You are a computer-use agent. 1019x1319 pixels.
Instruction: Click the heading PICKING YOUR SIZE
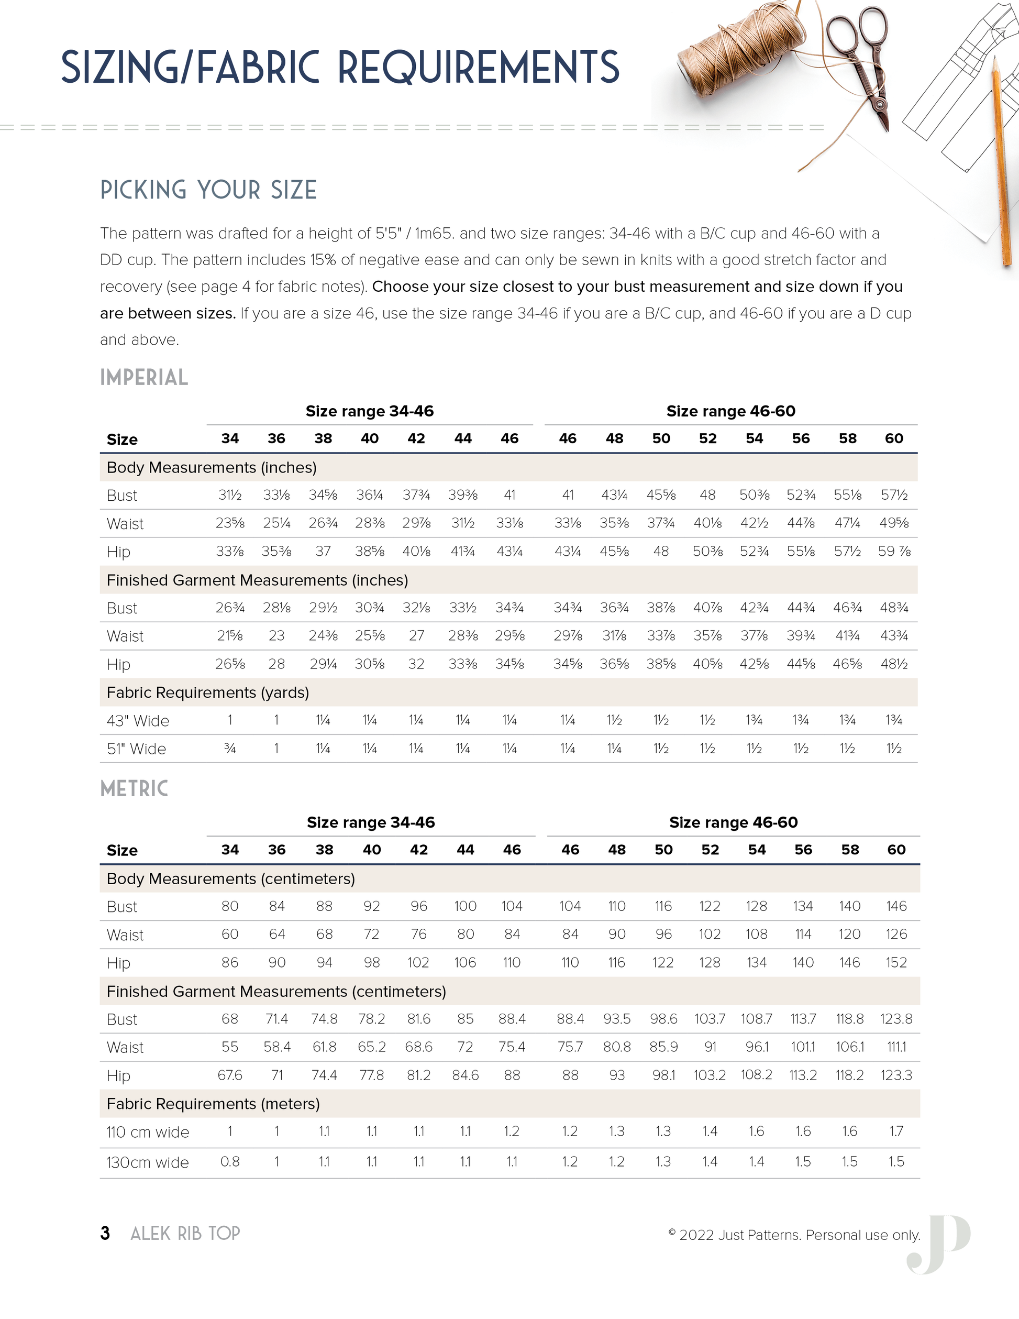208,190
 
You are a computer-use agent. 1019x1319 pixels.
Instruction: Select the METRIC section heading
134,789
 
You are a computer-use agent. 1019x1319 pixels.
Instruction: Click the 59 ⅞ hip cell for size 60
894,552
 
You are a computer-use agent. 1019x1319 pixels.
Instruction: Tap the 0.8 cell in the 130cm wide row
230,1161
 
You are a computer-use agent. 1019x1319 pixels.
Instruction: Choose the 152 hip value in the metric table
896,963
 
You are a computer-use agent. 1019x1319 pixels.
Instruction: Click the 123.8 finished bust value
896,1019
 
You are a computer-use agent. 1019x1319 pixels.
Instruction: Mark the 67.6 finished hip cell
230,1075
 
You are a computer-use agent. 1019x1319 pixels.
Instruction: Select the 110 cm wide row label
148,1132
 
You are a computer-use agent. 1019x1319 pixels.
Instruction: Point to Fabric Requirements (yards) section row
208,692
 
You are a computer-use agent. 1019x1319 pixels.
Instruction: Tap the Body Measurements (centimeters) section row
230,879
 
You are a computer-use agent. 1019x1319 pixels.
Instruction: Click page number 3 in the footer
105,1233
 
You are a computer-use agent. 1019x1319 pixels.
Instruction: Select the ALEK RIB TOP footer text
185,1233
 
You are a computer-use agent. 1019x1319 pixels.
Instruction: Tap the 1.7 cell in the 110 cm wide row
896,1131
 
